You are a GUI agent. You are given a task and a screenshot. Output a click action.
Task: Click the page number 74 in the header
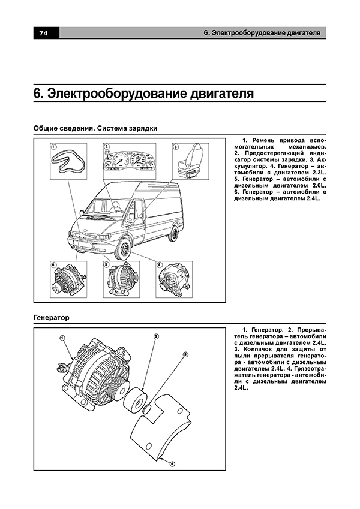(43, 33)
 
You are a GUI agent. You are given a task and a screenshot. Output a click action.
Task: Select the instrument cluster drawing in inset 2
(126, 161)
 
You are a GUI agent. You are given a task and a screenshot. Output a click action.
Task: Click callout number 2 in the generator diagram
(155, 337)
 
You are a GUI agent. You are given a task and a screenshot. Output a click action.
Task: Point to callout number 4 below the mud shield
(172, 463)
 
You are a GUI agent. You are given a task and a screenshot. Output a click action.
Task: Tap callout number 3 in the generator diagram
(185, 355)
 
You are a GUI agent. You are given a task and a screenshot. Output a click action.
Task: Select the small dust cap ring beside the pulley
(146, 409)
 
